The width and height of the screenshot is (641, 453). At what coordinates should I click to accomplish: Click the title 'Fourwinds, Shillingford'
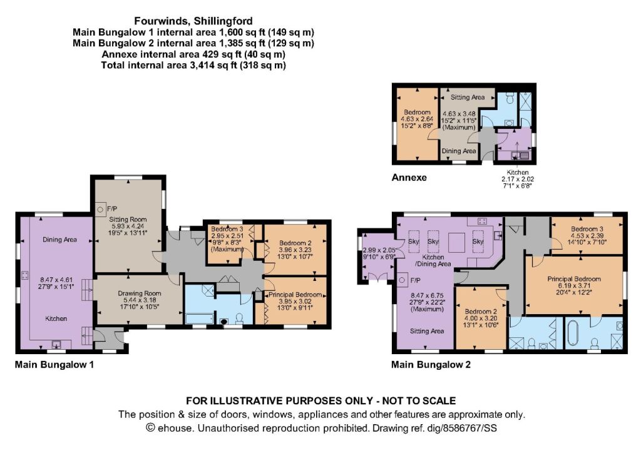(x=193, y=21)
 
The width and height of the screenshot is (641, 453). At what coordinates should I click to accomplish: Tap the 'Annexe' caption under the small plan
(x=409, y=178)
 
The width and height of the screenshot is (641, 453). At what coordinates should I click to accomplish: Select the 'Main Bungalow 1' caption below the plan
(x=54, y=364)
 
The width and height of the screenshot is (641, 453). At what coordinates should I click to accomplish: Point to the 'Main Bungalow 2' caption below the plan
(x=431, y=364)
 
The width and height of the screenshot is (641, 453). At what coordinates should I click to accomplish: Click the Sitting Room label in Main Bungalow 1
(x=128, y=220)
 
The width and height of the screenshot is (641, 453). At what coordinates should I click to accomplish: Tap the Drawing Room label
(x=140, y=293)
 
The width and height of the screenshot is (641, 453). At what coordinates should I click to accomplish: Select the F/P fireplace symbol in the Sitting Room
(x=100, y=210)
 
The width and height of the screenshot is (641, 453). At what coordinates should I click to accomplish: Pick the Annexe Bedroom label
(x=417, y=113)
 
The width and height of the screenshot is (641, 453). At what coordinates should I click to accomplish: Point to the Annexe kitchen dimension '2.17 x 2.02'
(x=518, y=179)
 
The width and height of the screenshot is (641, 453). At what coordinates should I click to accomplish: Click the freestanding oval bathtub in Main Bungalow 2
(x=571, y=334)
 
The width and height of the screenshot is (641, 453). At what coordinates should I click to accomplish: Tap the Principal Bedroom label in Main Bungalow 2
(x=574, y=279)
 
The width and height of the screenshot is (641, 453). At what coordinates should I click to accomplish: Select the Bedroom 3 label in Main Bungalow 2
(x=587, y=229)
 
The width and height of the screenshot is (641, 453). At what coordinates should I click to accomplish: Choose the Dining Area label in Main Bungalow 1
(x=59, y=240)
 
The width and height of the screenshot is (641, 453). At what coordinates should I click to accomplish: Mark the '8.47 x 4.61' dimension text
(x=56, y=280)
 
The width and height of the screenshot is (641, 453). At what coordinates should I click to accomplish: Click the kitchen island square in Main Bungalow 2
(x=456, y=243)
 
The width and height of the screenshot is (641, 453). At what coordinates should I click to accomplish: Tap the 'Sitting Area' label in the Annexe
(x=468, y=97)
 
